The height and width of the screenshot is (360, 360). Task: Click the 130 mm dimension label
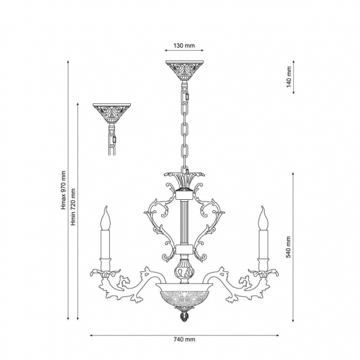184,45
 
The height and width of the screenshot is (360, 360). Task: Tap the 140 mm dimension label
289,77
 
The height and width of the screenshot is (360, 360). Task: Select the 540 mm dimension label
288,247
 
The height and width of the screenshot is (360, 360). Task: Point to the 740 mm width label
184,339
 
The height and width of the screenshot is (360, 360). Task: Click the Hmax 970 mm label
64,190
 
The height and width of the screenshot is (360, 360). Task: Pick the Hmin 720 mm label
73,207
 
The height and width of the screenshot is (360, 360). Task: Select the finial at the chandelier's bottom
184,315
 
